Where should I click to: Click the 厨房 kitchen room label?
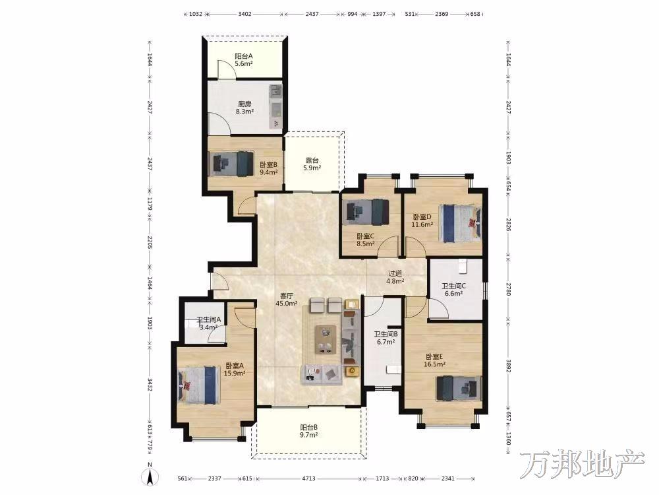tap(244, 104)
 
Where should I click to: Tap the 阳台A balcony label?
tap(244, 56)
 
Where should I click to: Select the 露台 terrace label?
tap(312, 160)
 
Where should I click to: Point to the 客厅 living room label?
tap(287, 296)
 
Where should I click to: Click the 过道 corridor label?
tap(395, 274)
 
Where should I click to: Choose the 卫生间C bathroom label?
tap(453, 286)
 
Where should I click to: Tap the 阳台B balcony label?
tap(308, 428)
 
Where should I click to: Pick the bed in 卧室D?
tap(460, 223)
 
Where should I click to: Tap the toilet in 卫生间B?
tap(393, 370)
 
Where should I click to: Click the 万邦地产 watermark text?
tap(583, 465)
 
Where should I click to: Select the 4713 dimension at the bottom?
tap(309, 478)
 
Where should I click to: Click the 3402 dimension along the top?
tap(244, 14)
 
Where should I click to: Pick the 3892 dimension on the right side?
tap(508, 365)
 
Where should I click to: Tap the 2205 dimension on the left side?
tap(150, 242)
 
